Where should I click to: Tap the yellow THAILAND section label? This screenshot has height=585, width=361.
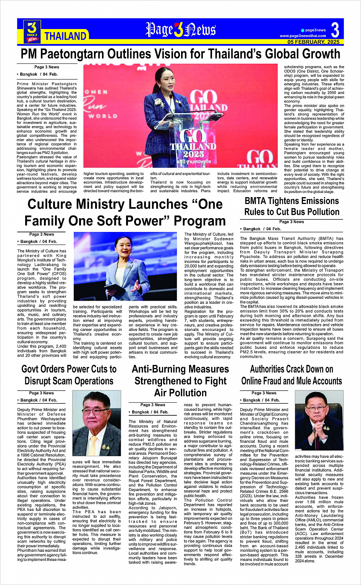[x=65, y=36]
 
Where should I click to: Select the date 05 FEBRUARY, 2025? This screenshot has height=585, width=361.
[x=313, y=42]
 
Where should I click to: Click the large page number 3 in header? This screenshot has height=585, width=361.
[x=335, y=30]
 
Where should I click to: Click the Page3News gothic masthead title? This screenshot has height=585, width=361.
[x=181, y=30]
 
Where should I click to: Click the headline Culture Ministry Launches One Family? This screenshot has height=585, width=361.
[x=125, y=212]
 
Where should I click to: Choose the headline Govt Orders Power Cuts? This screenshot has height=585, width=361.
[x=69, y=375]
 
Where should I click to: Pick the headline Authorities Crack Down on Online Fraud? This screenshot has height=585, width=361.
[x=291, y=375]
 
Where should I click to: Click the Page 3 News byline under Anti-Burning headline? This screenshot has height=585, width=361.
[x=153, y=405]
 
